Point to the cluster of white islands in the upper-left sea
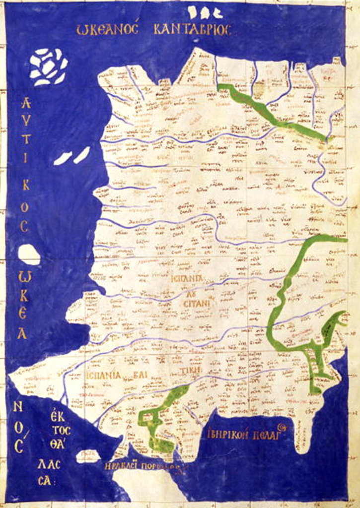tap(48, 66)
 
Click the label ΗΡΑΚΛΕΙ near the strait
tap(122, 467)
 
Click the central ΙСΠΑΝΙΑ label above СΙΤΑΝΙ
tap(186, 278)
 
